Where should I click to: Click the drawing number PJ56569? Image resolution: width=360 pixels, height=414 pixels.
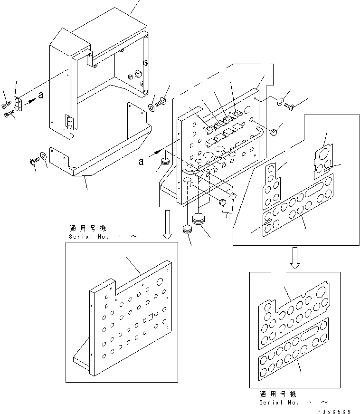[334, 411]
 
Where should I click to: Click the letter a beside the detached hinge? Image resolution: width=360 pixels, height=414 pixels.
[41, 95]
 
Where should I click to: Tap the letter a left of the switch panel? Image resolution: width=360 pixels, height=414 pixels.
[141, 161]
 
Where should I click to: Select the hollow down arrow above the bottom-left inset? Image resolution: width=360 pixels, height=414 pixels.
[167, 225]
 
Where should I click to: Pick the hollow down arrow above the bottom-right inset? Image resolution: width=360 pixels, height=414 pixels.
[295, 258]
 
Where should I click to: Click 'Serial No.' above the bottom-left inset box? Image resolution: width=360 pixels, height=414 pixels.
[89, 237]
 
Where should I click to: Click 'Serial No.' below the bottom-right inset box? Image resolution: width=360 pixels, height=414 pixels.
[279, 403]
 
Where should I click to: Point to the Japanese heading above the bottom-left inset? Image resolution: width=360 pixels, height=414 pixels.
[88, 228]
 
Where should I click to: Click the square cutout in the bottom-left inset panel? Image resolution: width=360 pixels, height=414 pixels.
[151, 317]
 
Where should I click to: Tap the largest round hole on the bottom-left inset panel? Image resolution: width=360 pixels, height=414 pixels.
[160, 282]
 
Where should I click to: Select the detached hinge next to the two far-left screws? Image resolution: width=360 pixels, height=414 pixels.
[18, 104]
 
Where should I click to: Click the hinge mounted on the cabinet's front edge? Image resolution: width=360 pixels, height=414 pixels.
[70, 122]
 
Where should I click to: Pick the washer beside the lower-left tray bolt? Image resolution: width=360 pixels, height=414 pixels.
[43, 156]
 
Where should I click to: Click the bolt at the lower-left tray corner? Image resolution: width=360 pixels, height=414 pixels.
[34, 161]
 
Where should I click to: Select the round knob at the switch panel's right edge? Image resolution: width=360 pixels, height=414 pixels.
[274, 132]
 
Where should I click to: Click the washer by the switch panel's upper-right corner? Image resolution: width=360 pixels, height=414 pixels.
[280, 101]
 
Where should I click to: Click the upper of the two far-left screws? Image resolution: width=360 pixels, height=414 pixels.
[6, 105]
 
